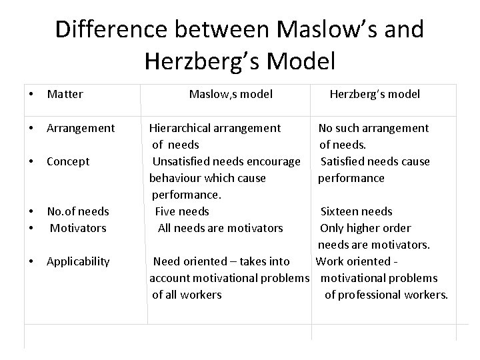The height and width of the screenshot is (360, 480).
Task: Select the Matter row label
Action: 65,94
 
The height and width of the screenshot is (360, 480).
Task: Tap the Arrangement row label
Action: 81,127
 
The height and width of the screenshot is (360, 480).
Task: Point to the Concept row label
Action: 68,161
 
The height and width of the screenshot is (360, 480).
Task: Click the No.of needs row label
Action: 78,211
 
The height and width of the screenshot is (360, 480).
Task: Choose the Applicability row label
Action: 78,261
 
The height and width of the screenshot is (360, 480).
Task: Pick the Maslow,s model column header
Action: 231,94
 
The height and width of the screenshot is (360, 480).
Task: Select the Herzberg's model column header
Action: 375,94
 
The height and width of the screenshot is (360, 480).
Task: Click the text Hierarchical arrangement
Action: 215,127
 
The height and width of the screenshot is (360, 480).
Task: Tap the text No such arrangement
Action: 373,127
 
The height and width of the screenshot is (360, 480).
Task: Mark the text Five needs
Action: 182,211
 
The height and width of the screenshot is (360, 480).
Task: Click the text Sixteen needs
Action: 357,211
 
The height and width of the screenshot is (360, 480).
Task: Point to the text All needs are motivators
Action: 220,227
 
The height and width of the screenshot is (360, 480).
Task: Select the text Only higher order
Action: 365,227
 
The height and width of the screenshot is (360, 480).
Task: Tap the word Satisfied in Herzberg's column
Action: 345,161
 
